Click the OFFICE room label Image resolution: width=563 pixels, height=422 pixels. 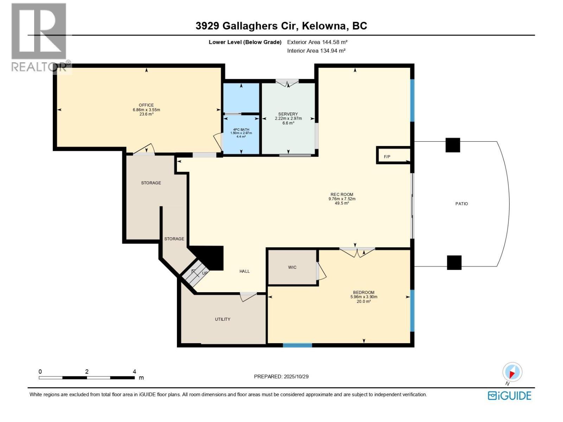coord(146,105)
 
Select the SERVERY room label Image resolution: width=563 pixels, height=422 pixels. coord(288,114)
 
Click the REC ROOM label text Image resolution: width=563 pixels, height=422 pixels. coord(342,194)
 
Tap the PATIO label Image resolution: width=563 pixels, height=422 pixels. coord(461,204)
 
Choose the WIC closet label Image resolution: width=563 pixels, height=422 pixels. coord(292,267)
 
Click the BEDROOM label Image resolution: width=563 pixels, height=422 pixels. coord(363,292)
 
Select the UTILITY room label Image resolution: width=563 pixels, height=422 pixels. coord(222,319)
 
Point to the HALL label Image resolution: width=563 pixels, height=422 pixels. coord(244,271)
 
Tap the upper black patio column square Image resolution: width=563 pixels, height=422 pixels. coord(453,145)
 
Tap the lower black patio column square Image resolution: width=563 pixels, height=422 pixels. coord(454,262)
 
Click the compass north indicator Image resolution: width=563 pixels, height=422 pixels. coord(512,372)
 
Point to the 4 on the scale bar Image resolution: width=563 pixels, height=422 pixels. coord(134,371)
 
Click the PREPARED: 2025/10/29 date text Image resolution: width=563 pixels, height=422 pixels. coord(281,376)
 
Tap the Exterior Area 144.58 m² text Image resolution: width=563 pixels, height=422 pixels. coord(317,42)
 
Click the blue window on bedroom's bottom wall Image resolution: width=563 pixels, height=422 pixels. coord(297,345)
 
